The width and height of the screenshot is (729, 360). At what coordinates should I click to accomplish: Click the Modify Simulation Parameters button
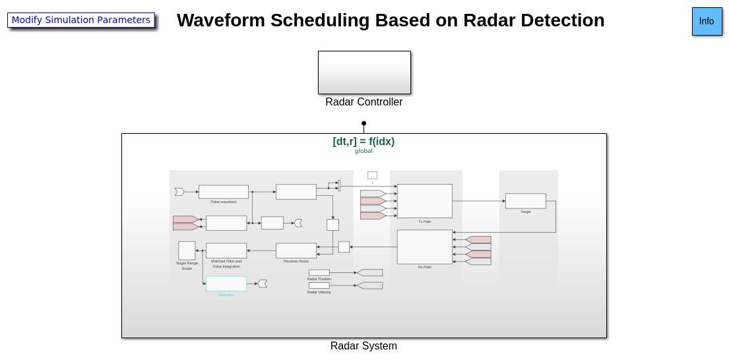[x=81, y=20]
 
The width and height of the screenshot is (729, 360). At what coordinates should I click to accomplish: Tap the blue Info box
[x=707, y=21]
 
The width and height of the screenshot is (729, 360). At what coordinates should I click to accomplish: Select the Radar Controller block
[x=364, y=73]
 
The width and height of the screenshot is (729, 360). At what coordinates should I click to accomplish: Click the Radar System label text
[x=364, y=346]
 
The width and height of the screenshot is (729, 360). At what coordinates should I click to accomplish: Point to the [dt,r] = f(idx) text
[x=364, y=141]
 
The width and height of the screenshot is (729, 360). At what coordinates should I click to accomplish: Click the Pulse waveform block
[x=224, y=192]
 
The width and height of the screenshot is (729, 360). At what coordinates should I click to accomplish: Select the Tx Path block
[x=425, y=201]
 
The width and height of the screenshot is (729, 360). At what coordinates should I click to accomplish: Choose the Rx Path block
[x=425, y=247]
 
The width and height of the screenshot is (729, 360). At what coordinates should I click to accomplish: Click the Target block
[x=526, y=201]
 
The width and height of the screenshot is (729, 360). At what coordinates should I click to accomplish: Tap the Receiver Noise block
[x=296, y=251]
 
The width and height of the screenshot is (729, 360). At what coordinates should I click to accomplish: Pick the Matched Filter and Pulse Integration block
[x=226, y=251]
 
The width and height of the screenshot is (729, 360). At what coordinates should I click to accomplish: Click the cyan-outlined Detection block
[x=226, y=284]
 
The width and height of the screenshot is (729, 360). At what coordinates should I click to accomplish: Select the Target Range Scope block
[x=187, y=251]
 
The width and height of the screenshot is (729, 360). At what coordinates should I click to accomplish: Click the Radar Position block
[x=319, y=272]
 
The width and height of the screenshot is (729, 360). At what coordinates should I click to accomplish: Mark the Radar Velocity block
[x=319, y=285]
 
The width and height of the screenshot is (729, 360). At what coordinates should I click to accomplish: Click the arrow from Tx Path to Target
[x=478, y=201]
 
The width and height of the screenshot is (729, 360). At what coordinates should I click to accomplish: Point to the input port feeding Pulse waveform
[x=179, y=192]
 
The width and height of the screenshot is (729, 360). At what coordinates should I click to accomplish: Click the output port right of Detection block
[x=263, y=284]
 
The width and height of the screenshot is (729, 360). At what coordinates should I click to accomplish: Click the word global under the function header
[x=364, y=151]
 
